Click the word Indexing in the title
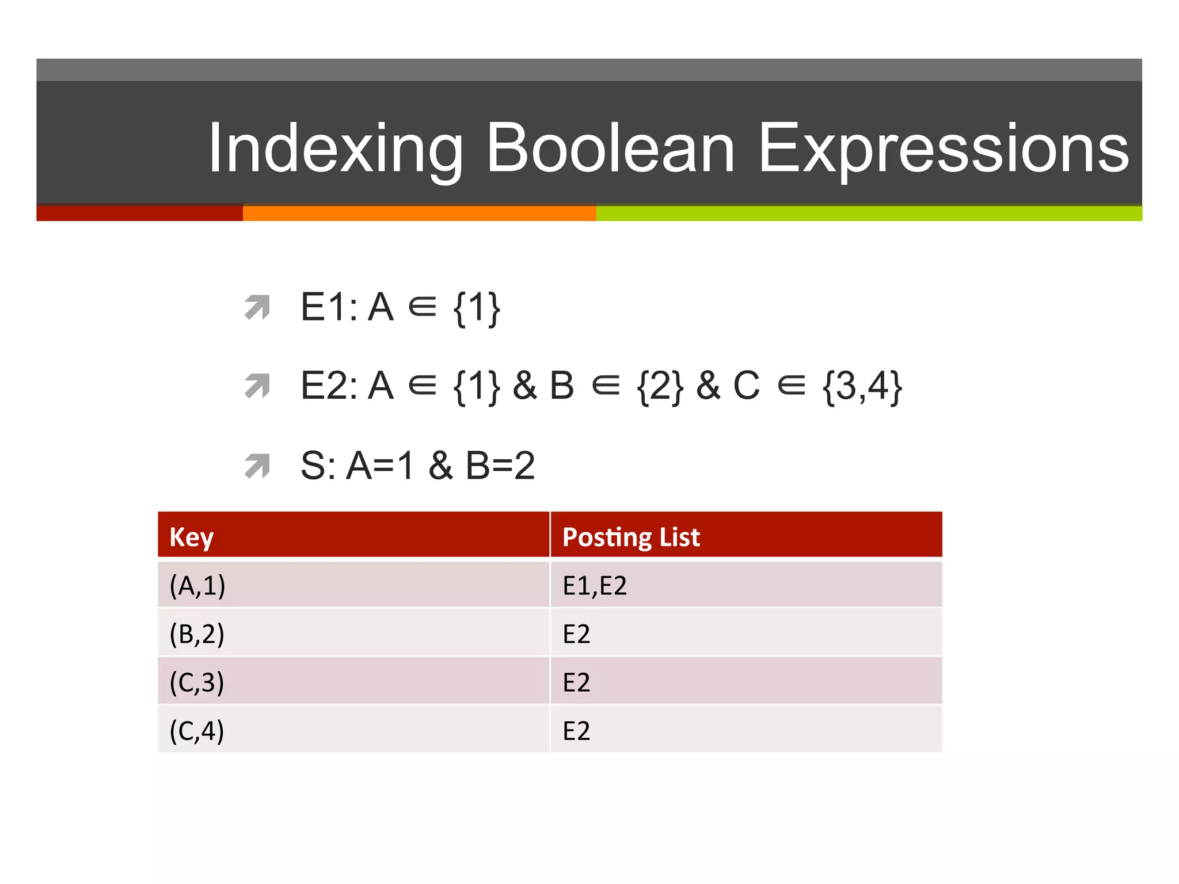[335, 148]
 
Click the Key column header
[192, 536]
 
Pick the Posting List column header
[631, 536]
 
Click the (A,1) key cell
[197, 585]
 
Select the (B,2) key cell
[197, 634]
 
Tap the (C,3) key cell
[197, 682]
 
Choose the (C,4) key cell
[197, 730]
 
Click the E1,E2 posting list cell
[595, 585]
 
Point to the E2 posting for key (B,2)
[576, 634]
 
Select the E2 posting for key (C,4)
[576, 730]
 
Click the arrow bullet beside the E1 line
[257, 307]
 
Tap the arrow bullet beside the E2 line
[257, 386]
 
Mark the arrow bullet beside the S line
[257, 466]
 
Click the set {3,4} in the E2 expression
[862, 386]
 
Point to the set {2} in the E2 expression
[660, 386]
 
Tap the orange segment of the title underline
[419, 214]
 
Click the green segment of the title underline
[869, 214]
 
